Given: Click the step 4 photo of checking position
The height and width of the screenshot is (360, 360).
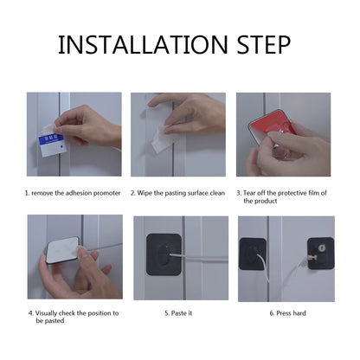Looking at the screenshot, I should coord(74,257).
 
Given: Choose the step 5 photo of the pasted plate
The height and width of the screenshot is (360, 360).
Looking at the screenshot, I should coord(178,257).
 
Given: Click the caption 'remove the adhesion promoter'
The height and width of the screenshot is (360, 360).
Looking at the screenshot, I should coord(74,192).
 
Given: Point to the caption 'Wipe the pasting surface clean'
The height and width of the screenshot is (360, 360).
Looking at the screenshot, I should coord(179,192).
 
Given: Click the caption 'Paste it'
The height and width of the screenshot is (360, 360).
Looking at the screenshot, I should coord(178,312).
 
